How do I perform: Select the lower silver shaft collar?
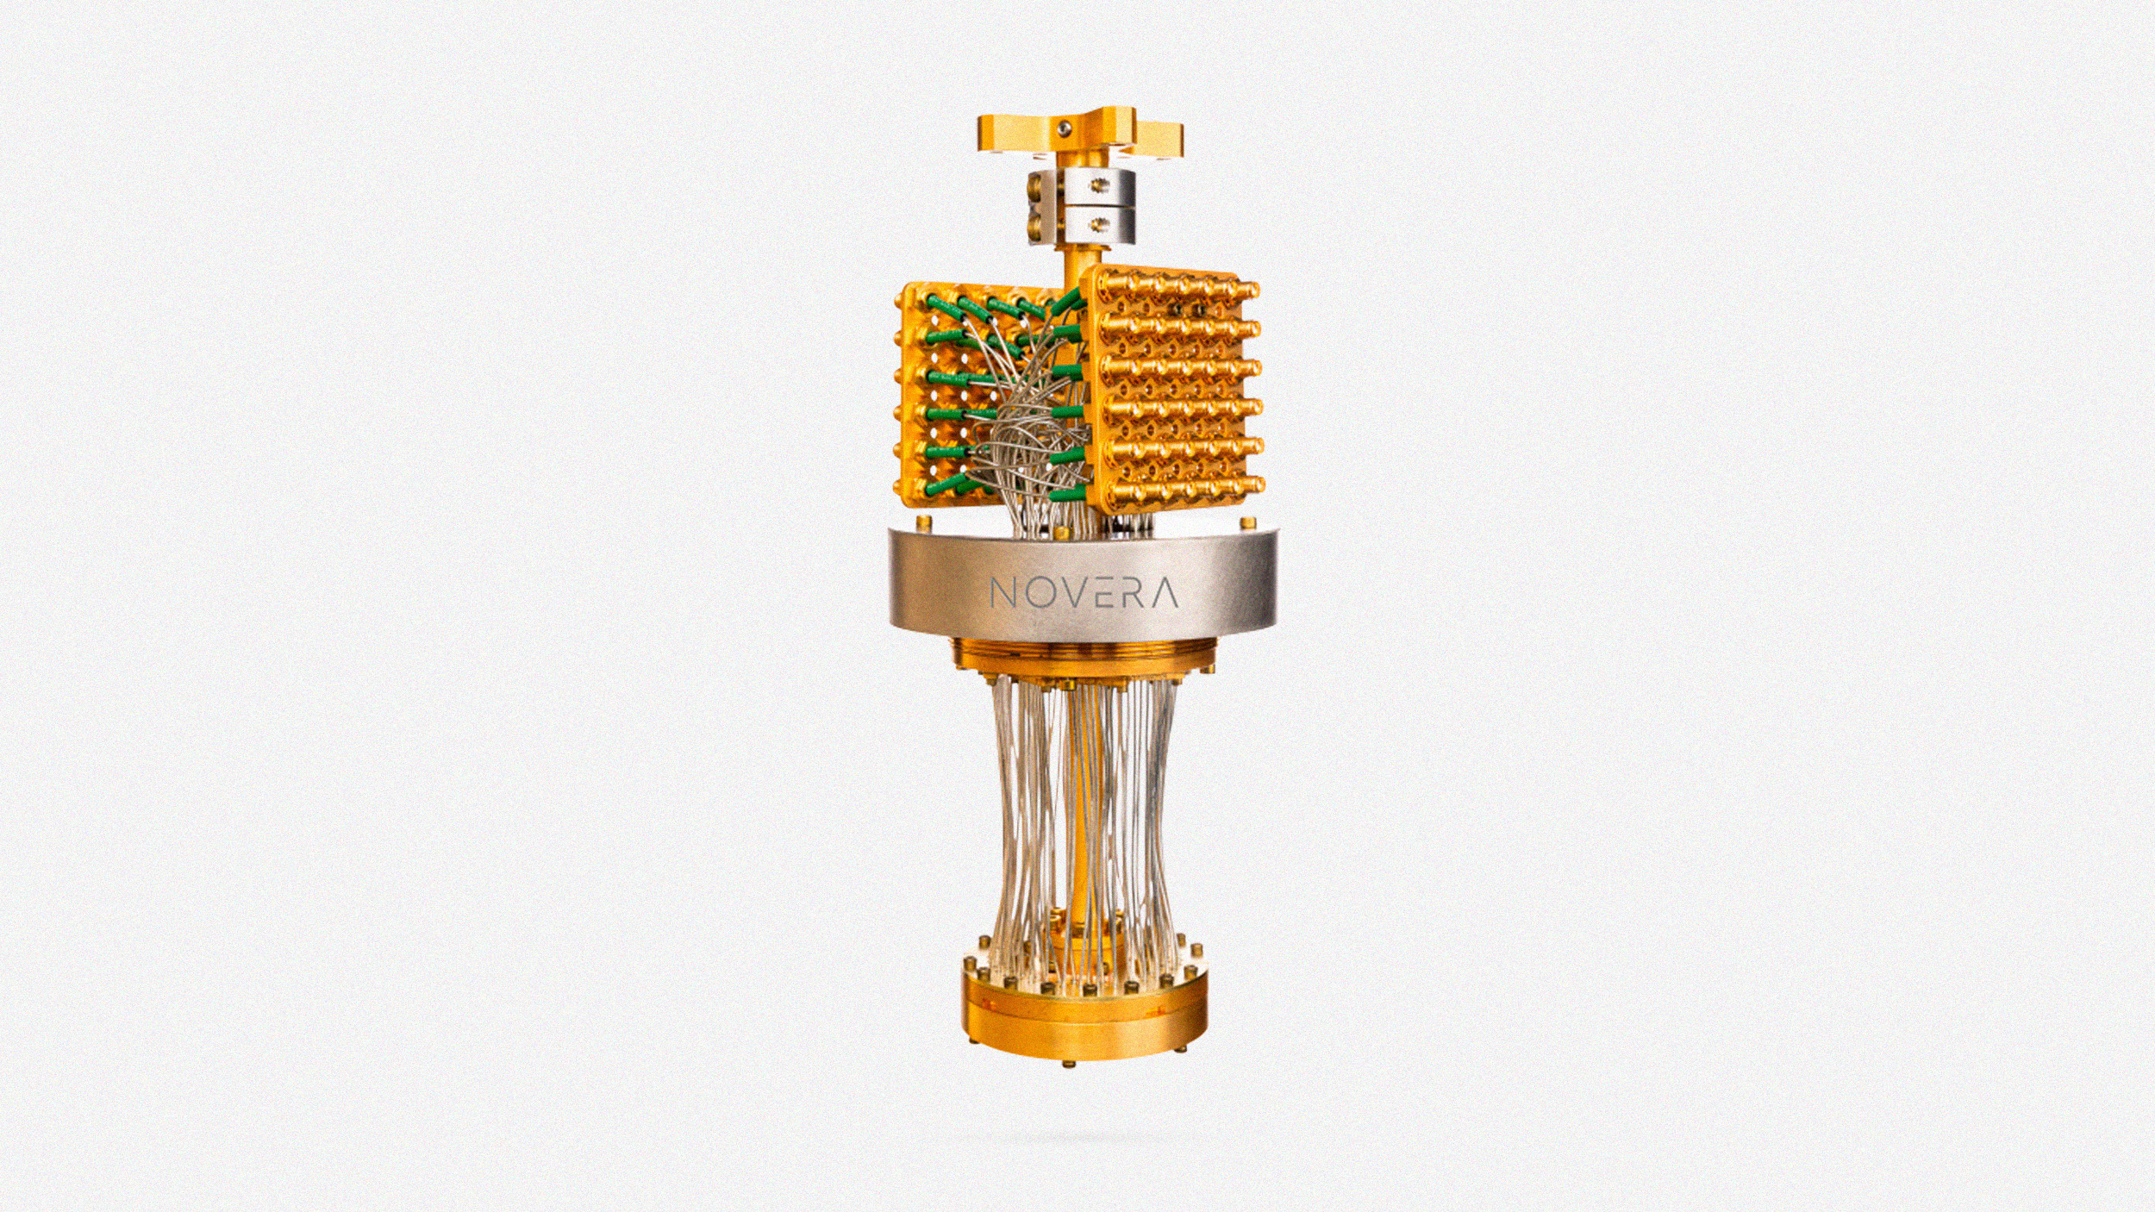(x=1079, y=226)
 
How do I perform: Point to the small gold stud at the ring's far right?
(x=1246, y=522)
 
